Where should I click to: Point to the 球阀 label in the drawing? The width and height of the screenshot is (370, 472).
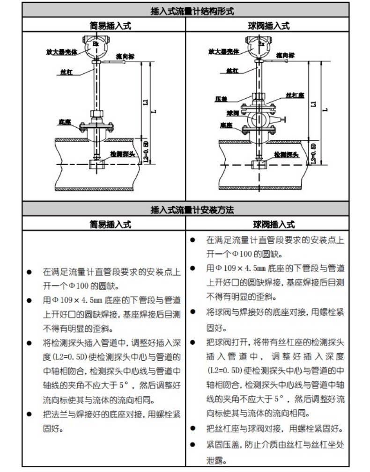click(x=233, y=113)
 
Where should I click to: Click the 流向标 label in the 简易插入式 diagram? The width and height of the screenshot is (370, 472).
click(x=125, y=56)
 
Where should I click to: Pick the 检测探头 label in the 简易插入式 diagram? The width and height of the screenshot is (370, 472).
click(x=120, y=153)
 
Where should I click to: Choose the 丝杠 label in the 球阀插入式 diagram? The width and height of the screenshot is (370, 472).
click(x=232, y=70)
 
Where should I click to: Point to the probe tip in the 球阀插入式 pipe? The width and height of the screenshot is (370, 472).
click(x=257, y=165)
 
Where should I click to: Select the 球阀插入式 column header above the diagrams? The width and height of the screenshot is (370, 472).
click(x=268, y=26)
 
